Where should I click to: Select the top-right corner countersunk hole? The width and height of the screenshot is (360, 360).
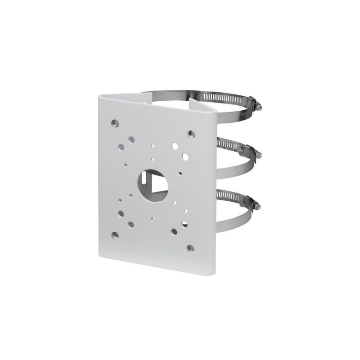point(191,133)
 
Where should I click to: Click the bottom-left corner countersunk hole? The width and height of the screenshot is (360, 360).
point(116,234)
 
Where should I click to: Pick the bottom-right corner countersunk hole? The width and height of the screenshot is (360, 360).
point(191,247)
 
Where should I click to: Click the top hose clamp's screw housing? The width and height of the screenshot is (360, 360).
point(257,107)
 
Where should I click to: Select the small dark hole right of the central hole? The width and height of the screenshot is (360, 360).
point(180,173)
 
